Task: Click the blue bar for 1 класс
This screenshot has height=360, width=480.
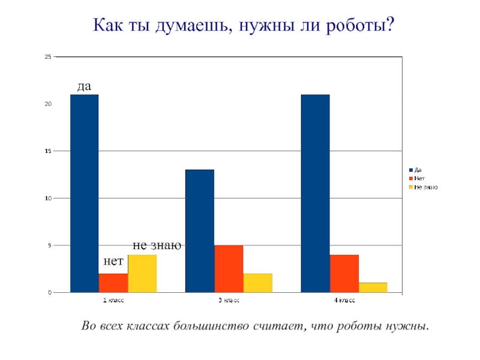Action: coord(84,193)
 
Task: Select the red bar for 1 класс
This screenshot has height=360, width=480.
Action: coord(113,283)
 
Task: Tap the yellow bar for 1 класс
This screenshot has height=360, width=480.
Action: coord(142,274)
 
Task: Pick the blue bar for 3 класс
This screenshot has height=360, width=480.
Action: coord(200,231)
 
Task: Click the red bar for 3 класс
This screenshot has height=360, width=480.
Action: coord(229,269)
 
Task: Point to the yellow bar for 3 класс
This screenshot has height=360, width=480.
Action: coord(257,283)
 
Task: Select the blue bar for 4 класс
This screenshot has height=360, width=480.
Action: coord(315,193)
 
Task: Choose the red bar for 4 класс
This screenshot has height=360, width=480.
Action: coord(344,274)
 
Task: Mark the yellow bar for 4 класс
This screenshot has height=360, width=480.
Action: coord(373,287)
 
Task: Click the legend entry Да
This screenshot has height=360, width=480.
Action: coord(418,170)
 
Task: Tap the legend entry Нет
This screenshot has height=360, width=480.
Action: coord(420,178)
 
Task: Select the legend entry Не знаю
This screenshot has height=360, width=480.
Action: coord(426,187)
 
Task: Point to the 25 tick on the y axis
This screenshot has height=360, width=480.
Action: coord(48,57)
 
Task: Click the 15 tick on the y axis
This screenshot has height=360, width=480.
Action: coord(48,151)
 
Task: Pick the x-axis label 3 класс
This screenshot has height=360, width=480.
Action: coord(229,299)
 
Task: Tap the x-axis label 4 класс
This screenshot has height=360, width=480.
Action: coord(344,299)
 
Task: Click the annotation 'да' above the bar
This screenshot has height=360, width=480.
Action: coord(84,86)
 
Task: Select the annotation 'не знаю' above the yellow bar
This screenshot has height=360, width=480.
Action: coord(157,245)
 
